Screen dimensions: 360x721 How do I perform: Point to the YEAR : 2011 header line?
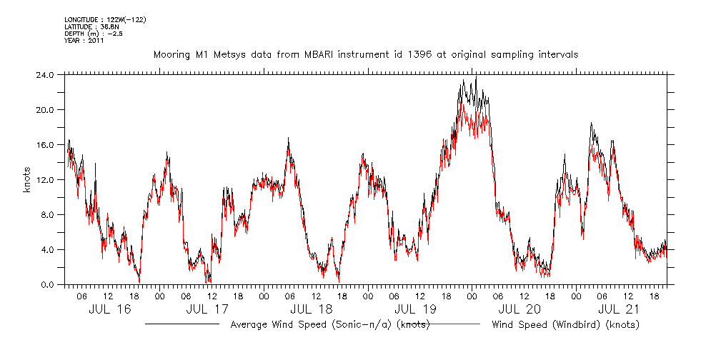(84, 41)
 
